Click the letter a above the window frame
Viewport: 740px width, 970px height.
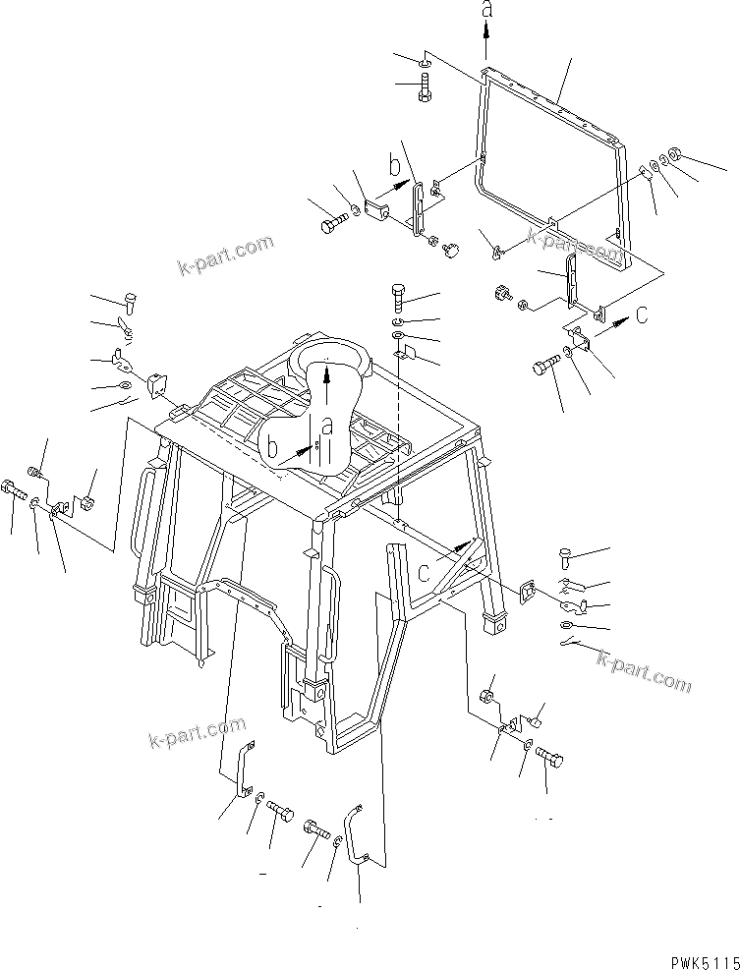(x=485, y=12)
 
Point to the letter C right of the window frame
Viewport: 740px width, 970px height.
(x=642, y=316)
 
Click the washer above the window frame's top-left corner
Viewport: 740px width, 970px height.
(x=422, y=64)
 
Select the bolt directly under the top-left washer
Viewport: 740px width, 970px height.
(x=423, y=92)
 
